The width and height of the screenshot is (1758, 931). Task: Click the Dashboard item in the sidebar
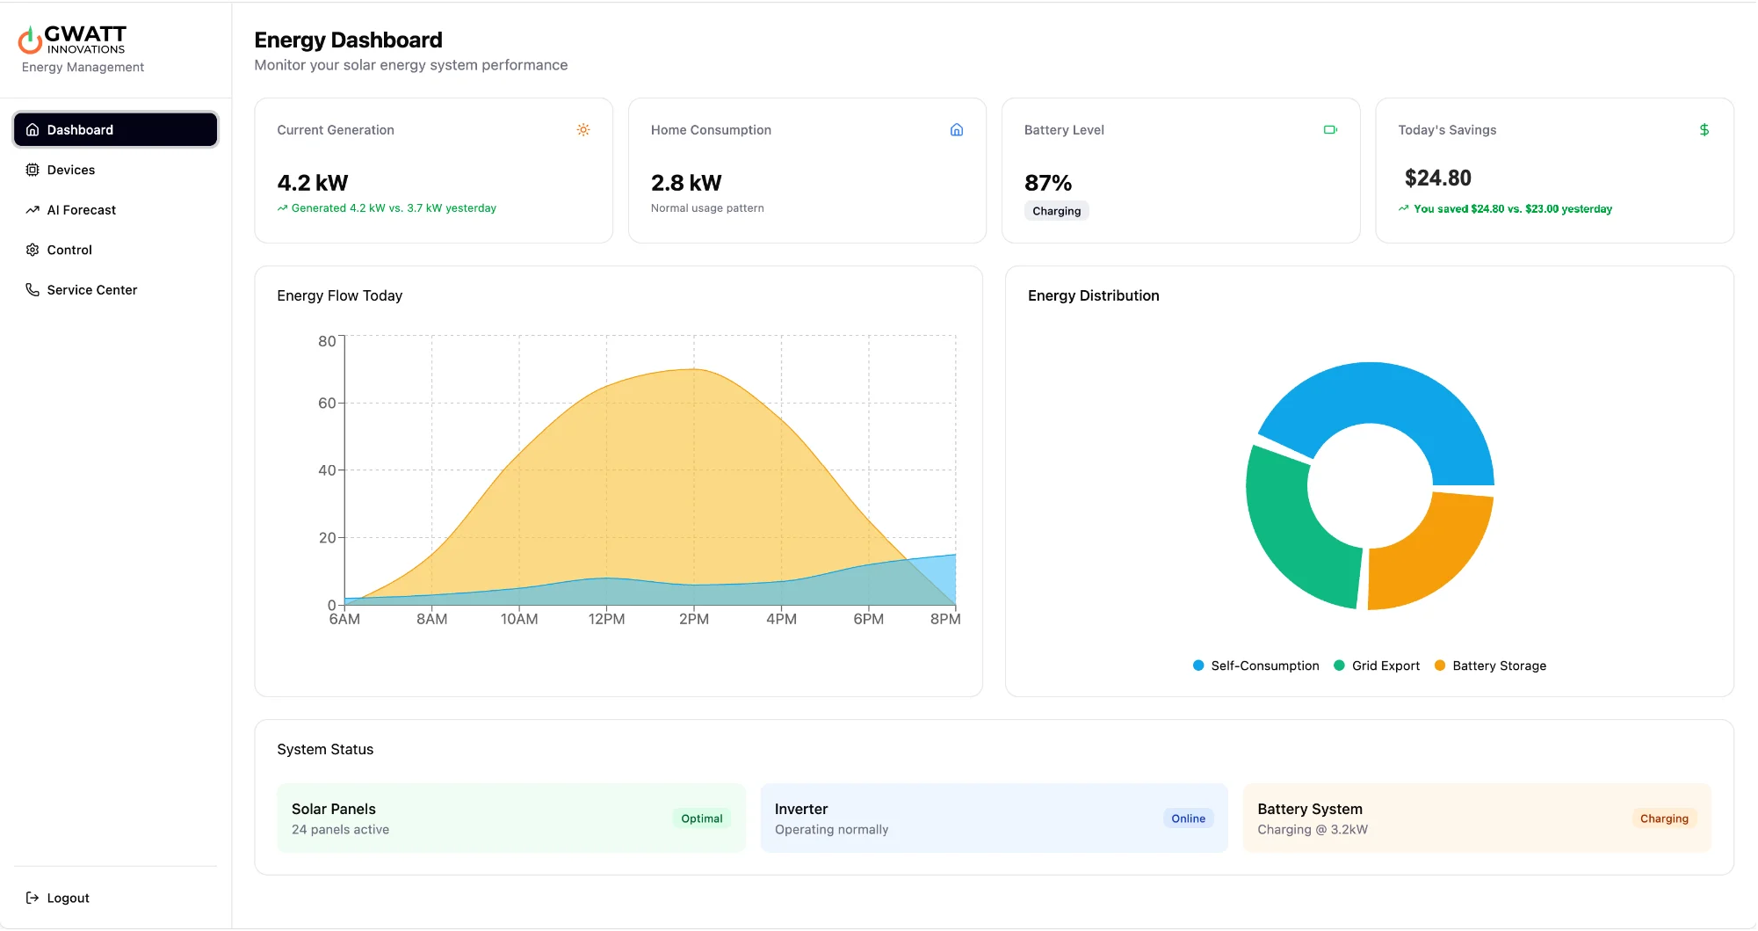click(x=115, y=130)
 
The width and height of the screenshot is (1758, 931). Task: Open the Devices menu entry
click(x=70, y=170)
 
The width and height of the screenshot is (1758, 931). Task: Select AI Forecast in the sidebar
click(x=81, y=210)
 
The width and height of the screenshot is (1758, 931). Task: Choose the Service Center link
click(x=91, y=290)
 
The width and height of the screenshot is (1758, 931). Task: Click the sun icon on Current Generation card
click(x=583, y=130)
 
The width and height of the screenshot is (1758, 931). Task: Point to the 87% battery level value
click(x=1048, y=183)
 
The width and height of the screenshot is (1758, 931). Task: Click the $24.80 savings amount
click(x=1437, y=178)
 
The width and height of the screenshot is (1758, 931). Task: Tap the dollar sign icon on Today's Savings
click(x=1704, y=130)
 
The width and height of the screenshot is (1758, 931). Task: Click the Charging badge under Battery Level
click(x=1056, y=211)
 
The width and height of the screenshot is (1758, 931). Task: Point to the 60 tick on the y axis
click(x=327, y=404)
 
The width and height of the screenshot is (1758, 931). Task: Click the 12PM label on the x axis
click(x=606, y=619)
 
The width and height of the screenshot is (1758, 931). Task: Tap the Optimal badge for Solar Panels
click(x=701, y=818)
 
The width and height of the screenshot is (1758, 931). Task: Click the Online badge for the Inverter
click(x=1188, y=818)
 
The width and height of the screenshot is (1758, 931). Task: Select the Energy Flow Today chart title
click(x=339, y=295)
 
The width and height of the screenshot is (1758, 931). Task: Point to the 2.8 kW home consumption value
click(x=685, y=183)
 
